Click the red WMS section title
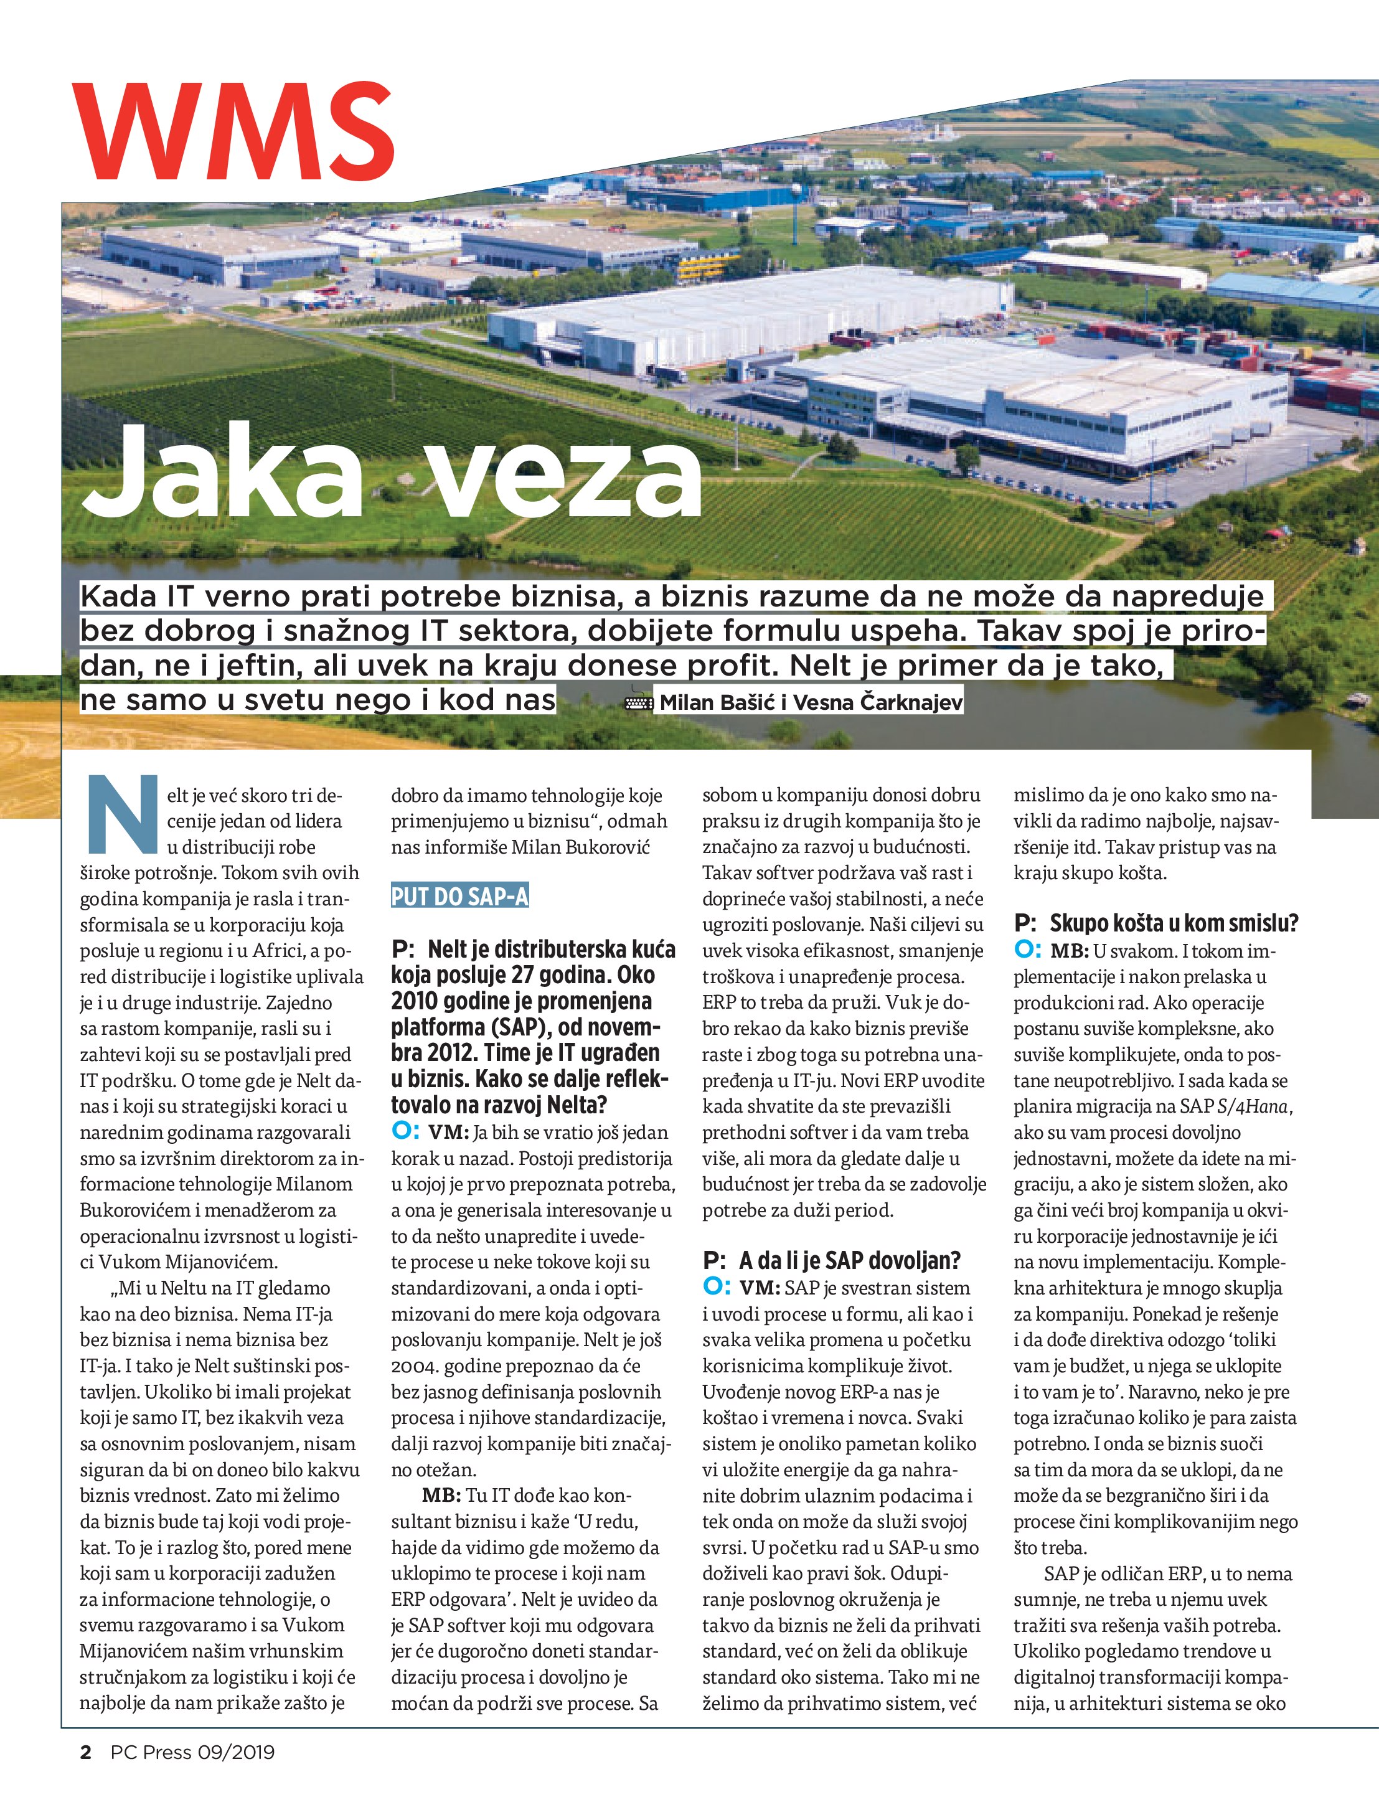[x=233, y=131]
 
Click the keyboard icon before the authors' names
[x=639, y=702]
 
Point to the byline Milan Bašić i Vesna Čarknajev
[x=811, y=702]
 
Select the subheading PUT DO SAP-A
[x=459, y=897]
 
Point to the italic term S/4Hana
[x=1254, y=1106]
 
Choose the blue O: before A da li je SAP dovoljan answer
[x=716, y=1286]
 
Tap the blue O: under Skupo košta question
[x=1027, y=950]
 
